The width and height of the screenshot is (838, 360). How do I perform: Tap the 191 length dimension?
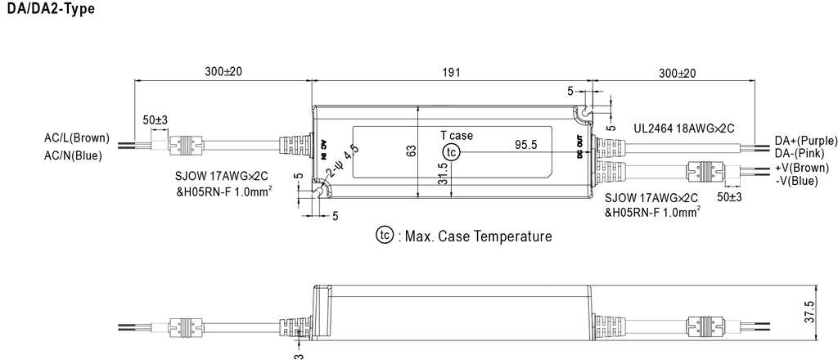(x=452, y=72)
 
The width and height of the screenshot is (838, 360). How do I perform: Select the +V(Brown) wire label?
(x=801, y=168)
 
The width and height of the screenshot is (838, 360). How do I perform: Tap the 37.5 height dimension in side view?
(x=809, y=311)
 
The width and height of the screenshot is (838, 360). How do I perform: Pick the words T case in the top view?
(x=456, y=136)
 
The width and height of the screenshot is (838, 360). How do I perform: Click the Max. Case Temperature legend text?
(x=474, y=236)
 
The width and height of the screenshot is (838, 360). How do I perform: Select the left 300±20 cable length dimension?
(x=223, y=72)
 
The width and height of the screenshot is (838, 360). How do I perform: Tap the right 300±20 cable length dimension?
(x=677, y=73)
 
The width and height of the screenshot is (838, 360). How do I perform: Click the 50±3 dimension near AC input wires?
(x=155, y=120)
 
